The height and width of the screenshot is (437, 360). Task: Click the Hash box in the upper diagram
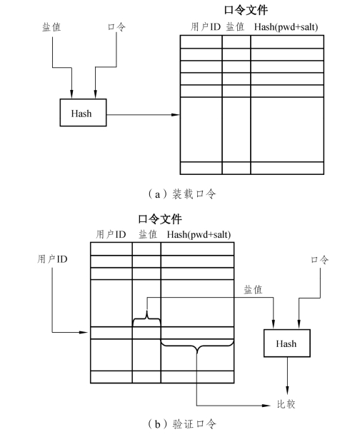[83, 113]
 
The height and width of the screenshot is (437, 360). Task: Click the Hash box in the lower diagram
[287, 343]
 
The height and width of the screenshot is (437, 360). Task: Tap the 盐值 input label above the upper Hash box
[51, 27]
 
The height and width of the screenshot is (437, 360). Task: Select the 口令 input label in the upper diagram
[116, 26]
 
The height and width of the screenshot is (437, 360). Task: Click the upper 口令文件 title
[246, 10]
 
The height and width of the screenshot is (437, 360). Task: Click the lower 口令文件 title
[160, 219]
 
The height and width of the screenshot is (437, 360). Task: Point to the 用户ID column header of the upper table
[206, 27]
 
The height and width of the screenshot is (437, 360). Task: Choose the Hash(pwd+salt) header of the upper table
[286, 27]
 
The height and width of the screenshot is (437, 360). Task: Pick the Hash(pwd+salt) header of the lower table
[199, 234]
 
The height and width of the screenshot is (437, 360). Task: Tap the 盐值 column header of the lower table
[148, 234]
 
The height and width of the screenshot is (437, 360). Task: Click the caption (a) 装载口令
[182, 194]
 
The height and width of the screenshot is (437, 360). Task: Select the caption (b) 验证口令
[182, 424]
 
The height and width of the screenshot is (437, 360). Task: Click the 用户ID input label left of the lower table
[52, 259]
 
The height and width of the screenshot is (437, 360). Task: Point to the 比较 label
[286, 404]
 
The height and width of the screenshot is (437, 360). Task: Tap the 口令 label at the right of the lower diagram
[319, 260]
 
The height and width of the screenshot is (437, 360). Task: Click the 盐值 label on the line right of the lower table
[253, 290]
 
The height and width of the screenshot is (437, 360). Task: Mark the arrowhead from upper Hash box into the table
[176, 114]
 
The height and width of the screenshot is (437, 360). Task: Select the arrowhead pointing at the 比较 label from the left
[266, 406]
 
